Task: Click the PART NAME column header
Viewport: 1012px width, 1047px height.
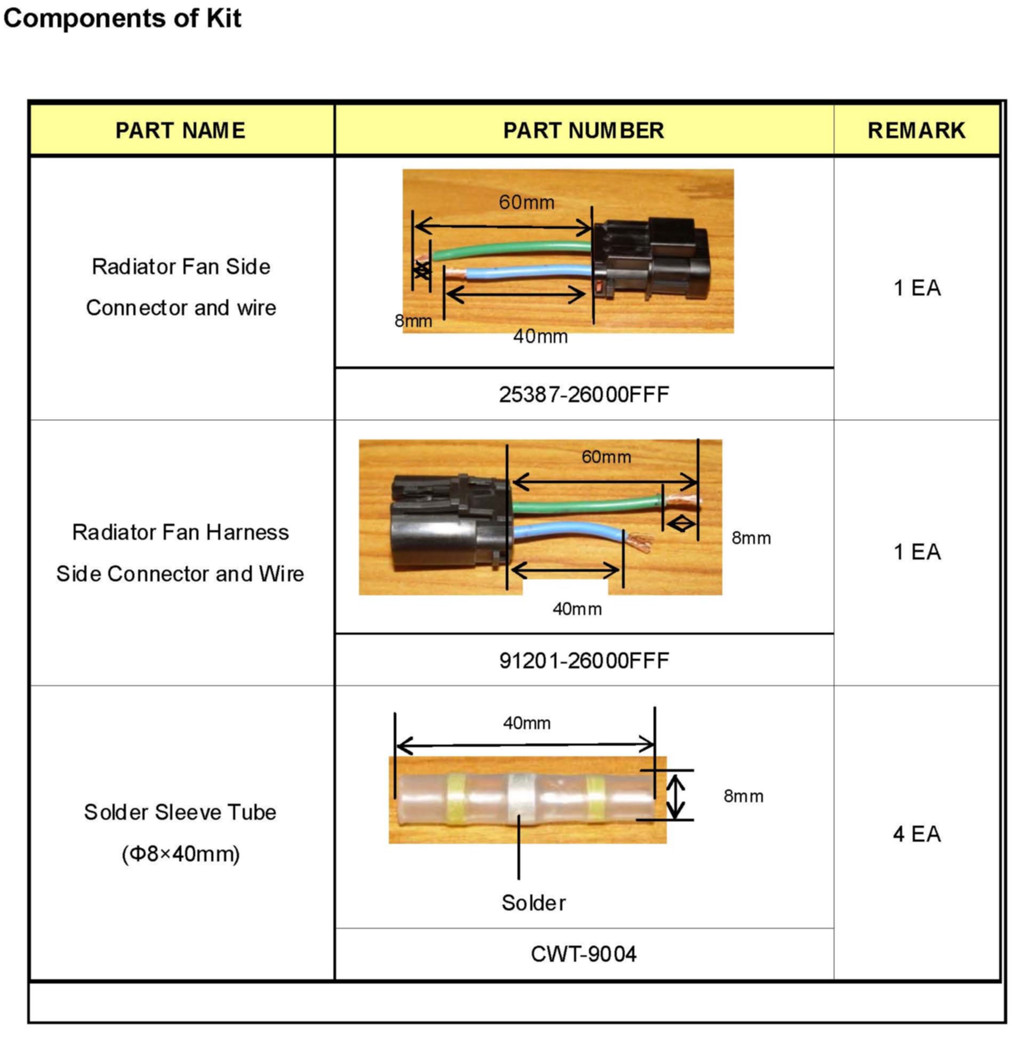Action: click(181, 130)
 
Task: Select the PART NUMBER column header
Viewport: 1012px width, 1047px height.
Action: click(584, 130)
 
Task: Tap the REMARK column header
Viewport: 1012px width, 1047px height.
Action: click(917, 130)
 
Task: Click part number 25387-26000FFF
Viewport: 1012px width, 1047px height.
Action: click(584, 395)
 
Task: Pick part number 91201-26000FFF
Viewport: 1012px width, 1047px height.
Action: click(584, 661)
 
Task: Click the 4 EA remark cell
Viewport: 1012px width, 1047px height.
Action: click(917, 834)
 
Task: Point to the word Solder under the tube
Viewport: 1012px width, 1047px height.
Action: click(533, 903)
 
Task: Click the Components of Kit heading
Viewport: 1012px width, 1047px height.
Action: click(122, 18)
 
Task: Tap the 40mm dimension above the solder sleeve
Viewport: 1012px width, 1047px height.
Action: click(527, 723)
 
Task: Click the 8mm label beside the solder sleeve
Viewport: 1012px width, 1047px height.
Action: click(743, 796)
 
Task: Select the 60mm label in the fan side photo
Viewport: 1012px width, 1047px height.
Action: click(527, 203)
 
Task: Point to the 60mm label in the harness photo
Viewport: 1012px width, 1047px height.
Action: click(606, 457)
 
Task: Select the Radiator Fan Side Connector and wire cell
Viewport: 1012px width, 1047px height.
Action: click(181, 287)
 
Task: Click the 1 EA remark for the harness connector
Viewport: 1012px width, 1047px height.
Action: click(917, 552)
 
